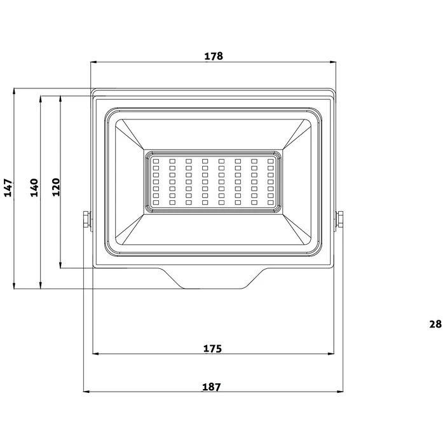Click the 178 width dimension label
tap(214, 56)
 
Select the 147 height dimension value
tap(8, 188)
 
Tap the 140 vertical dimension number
tap(34, 188)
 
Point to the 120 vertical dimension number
tap(55, 188)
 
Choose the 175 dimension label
tap(212, 348)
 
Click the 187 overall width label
tap(212, 387)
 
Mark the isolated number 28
tap(435, 324)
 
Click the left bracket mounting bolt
tap(85, 219)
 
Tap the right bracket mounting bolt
tap(341, 219)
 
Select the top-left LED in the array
tap(155, 161)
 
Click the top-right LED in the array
tap(271, 161)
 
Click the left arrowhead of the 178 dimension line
tap(94, 62)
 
